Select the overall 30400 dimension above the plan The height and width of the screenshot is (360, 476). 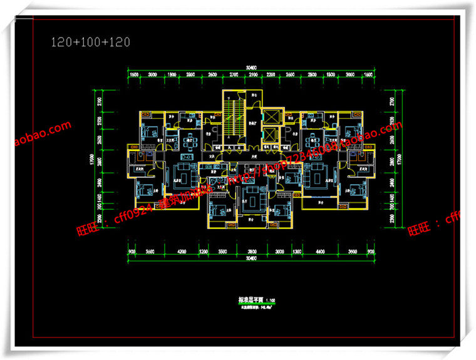tap(251, 67)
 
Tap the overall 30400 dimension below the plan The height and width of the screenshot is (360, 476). tap(251, 259)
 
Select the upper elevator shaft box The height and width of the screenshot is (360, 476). tap(271, 116)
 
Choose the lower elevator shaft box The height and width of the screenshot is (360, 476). tap(271, 135)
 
